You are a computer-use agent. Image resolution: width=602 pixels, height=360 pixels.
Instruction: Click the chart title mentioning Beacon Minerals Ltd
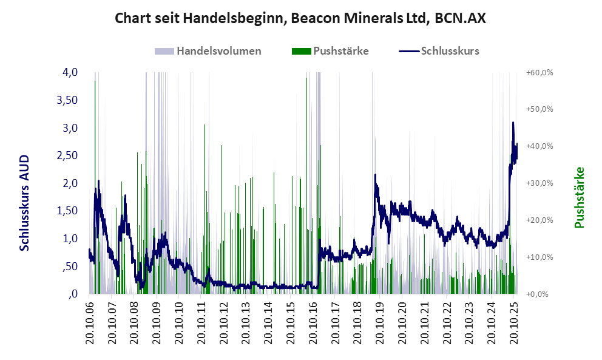300,19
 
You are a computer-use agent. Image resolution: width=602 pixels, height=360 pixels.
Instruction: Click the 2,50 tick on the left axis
66,155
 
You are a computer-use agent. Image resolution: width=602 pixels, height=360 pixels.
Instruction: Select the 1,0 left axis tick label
70,239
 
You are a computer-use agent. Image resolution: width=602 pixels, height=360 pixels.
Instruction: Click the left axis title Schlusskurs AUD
25,202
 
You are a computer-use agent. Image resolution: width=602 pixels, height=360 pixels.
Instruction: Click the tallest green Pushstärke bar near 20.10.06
95,182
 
